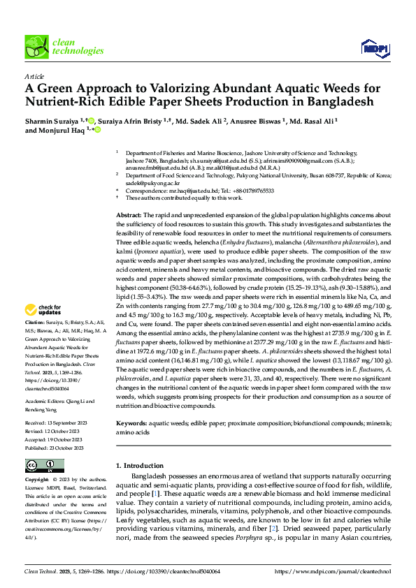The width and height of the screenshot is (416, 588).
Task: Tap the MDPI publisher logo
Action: click(x=375, y=47)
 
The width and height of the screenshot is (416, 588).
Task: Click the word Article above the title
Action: click(x=34, y=76)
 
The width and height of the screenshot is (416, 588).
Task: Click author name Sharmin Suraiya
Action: click(x=52, y=120)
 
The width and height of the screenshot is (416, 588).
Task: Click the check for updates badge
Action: click(x=45, y=309)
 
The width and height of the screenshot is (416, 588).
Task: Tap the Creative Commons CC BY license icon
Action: click(x=44, y=466)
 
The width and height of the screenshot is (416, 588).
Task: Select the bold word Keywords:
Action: click(x=131, y=424)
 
